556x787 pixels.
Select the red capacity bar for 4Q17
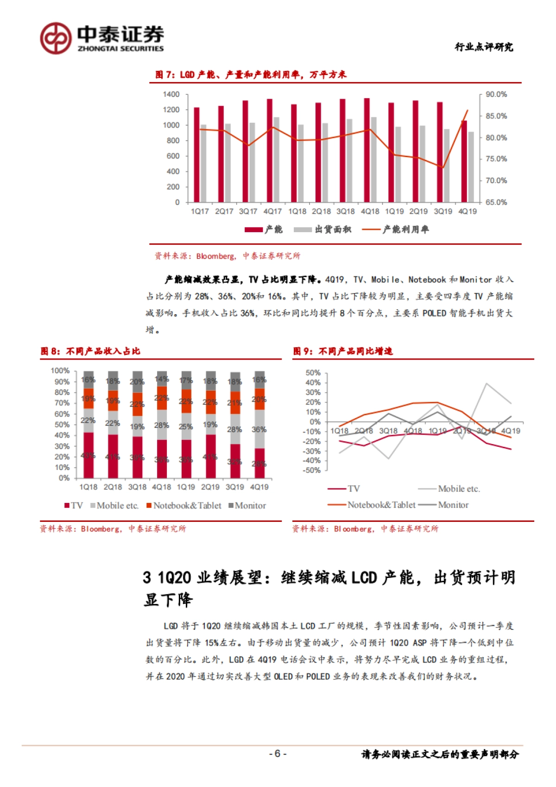pos(270,150)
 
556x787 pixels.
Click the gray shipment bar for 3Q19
pos(447,165)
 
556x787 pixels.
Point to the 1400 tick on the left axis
pos(171,95)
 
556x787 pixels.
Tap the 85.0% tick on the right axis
pos(496,116)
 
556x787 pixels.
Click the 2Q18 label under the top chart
pos(321,211)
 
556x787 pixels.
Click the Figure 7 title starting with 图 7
pos(251,75)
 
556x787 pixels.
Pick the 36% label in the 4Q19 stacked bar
pos(259,430)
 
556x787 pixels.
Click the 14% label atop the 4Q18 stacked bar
pos(161,379)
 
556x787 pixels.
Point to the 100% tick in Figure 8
pos(60,371)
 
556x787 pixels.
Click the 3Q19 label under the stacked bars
pos(234,487)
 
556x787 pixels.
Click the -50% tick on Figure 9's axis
pos(313,470)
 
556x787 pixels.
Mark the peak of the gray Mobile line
pos(486,384)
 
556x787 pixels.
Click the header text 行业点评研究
pos(484,47)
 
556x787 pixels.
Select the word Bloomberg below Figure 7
pos(215,256)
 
